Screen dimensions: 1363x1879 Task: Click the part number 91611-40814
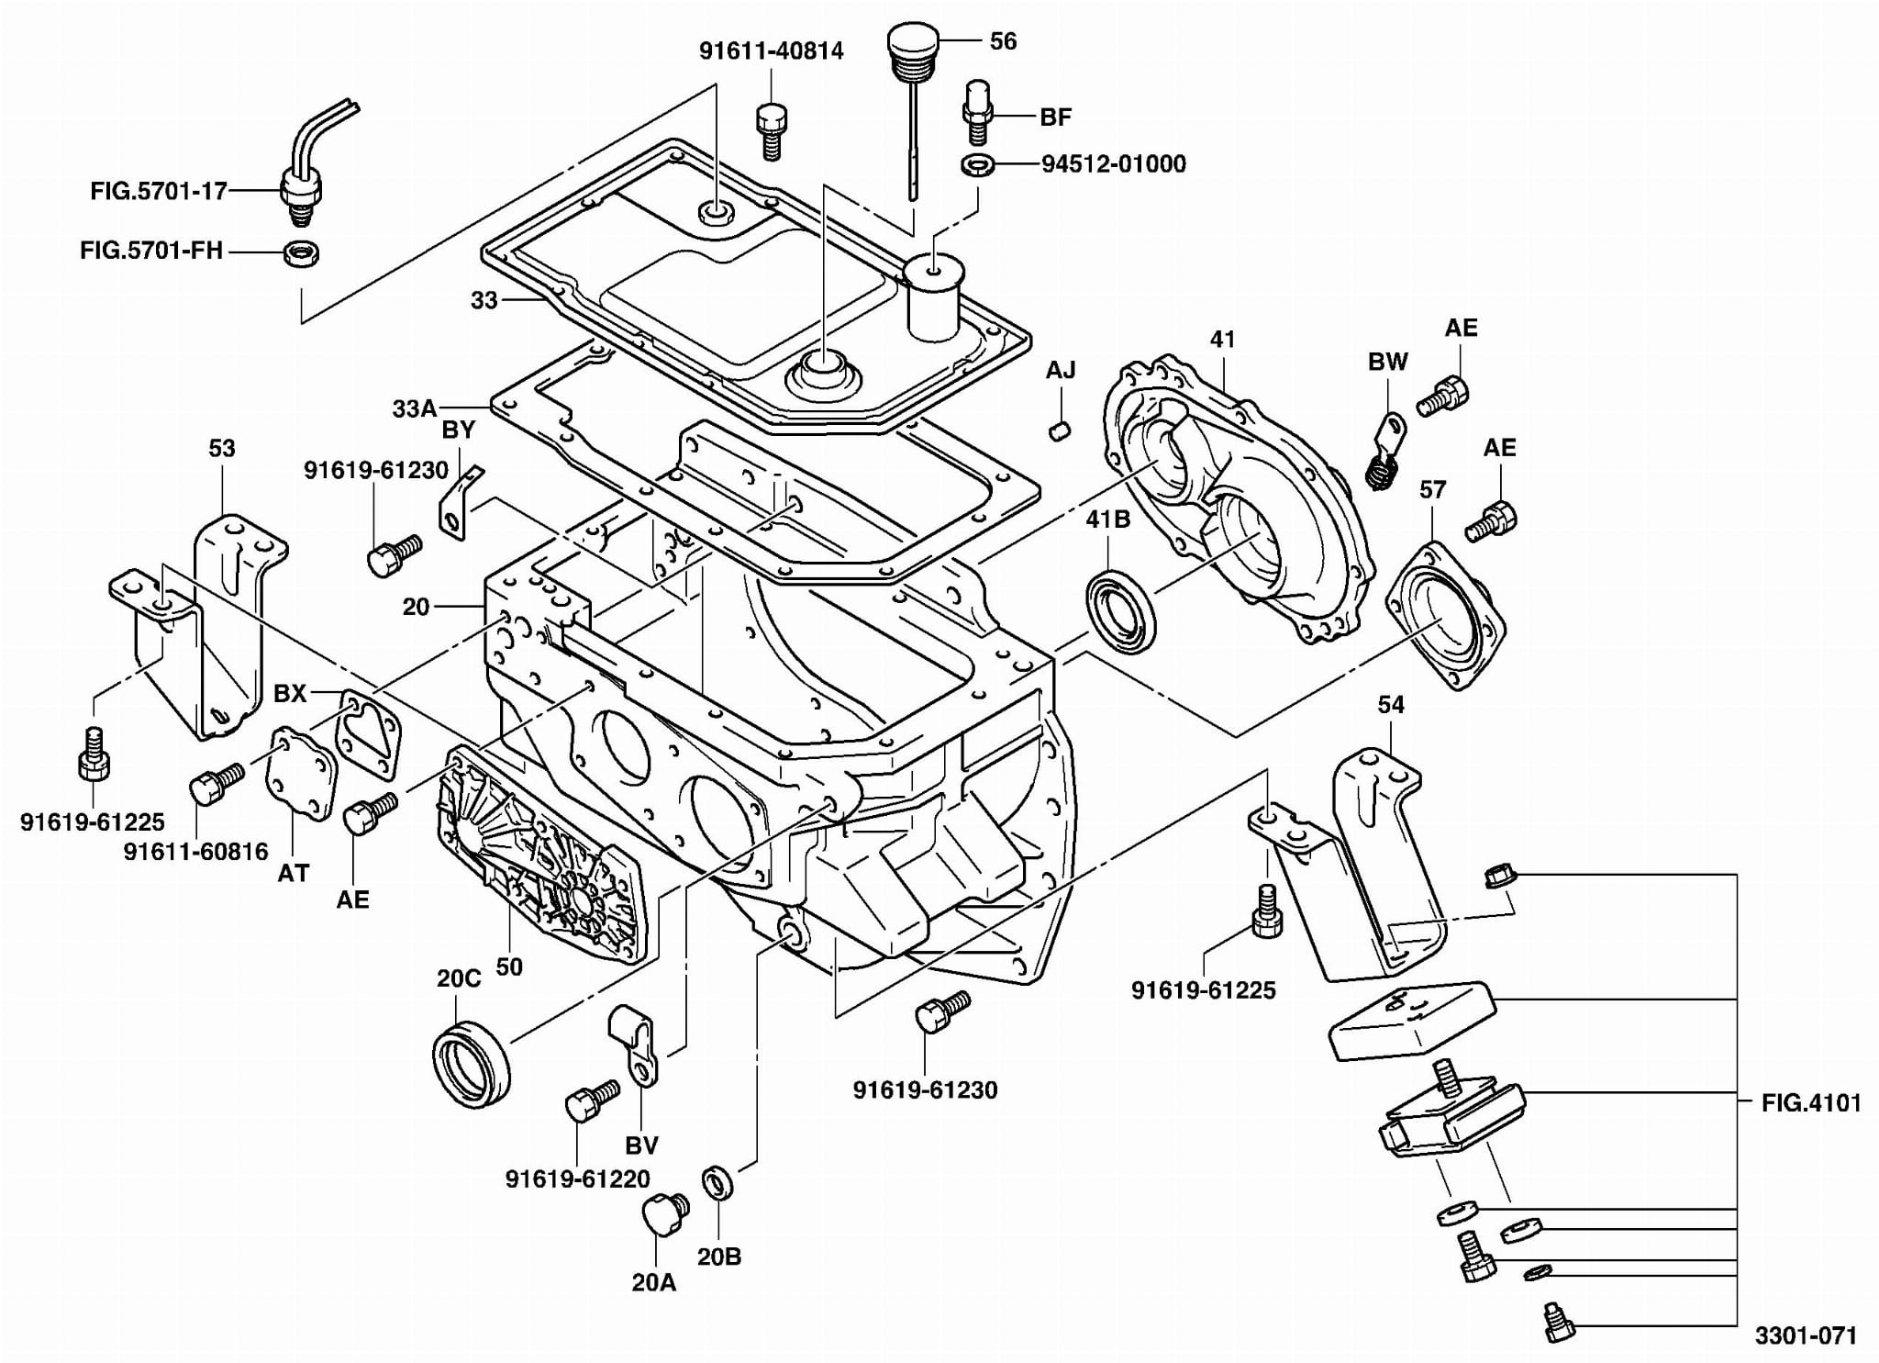(771, 51)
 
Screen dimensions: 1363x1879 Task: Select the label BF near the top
(1055, 117)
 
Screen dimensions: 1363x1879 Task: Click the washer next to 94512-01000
(978, 165)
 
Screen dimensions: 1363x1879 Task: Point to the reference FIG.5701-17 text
(158, 192)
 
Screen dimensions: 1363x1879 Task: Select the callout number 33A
(415, 408)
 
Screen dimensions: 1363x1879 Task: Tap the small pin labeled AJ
(1061, 429)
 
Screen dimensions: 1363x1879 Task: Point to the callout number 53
(222, 449)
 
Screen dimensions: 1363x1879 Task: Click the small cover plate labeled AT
(299, 772)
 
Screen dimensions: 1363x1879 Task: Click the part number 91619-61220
(577, 1179)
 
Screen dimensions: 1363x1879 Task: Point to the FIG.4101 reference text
(1810, 1102)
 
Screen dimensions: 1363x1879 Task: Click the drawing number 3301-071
(1806, 1335)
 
